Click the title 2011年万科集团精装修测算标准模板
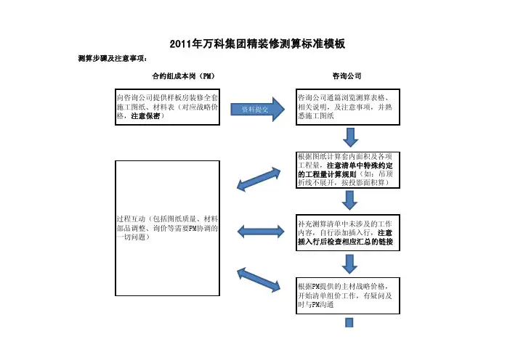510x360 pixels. point(256,45)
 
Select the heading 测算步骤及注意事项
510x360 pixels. point(112,58)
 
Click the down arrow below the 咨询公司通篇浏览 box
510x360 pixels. point(350,137)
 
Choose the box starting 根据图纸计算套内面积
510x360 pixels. point(347,171)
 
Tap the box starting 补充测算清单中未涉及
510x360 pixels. point(347,233)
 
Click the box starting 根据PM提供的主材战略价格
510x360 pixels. point(347,295)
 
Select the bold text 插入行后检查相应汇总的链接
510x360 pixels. point(346,242)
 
